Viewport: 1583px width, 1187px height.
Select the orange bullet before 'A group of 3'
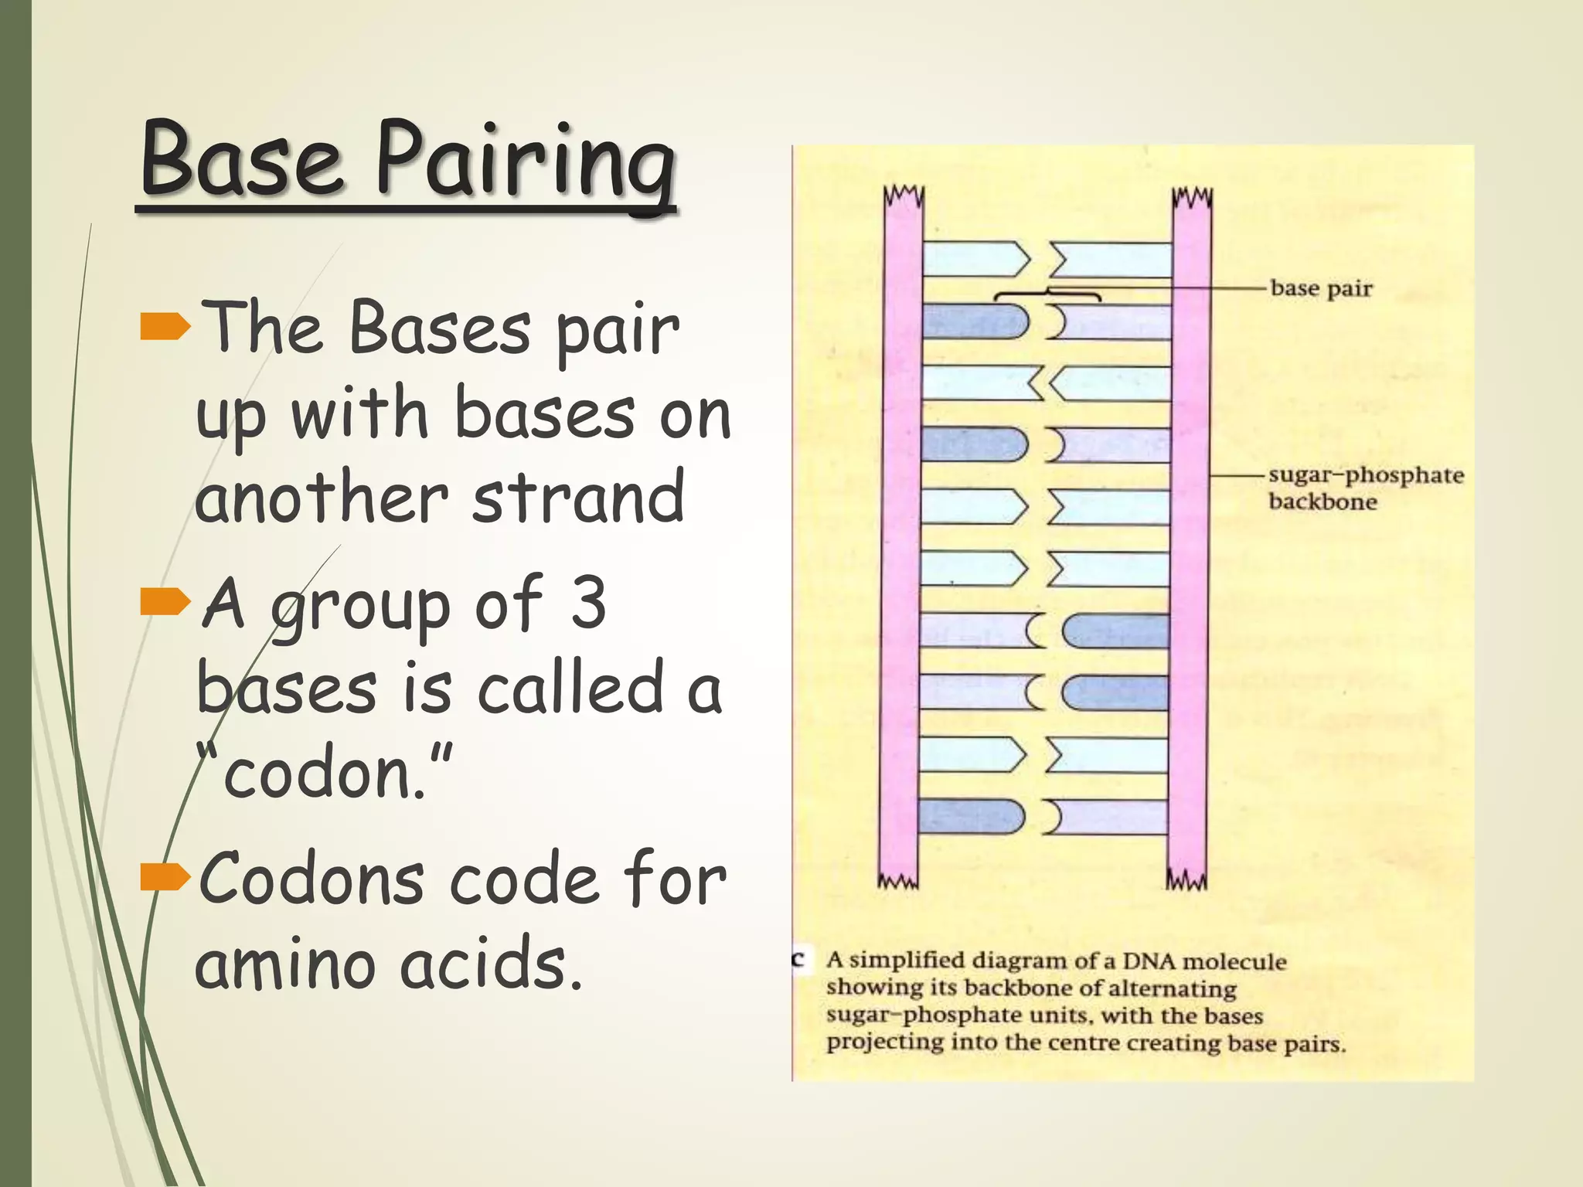pyautogui.click(x=165, y=601)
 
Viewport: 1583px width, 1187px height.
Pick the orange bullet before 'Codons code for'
pyautogui.click(x=165, y=876)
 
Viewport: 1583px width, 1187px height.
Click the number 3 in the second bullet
pyautogui.click(x=588, y=603)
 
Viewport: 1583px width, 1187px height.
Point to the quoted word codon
pyautogui.click(x=325, y=773)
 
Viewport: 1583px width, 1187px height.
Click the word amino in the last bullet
pyautogui.click(x=290, y=964)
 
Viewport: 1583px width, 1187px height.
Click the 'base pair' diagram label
pyautogui.click(x=1321, y=289)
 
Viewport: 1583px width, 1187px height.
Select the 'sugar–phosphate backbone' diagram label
pyautogui.click(x=1364, y=488)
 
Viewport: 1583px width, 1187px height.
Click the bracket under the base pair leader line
pyautogui.click(x=1047, y=295)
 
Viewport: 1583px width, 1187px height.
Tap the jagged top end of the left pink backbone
pyautogui.click(x=904, y=196)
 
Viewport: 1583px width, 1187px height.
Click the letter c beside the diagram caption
pyautogui.click(x=799, y=960)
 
